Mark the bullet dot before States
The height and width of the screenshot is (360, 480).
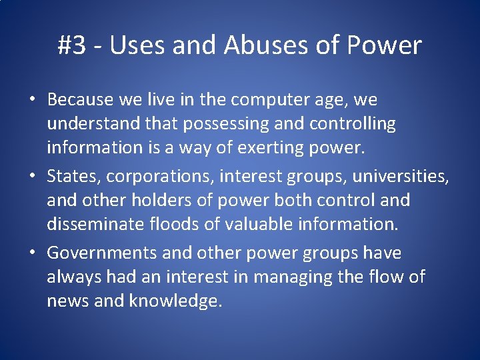[32, 177]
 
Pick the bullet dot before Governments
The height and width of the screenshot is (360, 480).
[32, 254]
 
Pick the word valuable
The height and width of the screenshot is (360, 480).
[257, 224]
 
